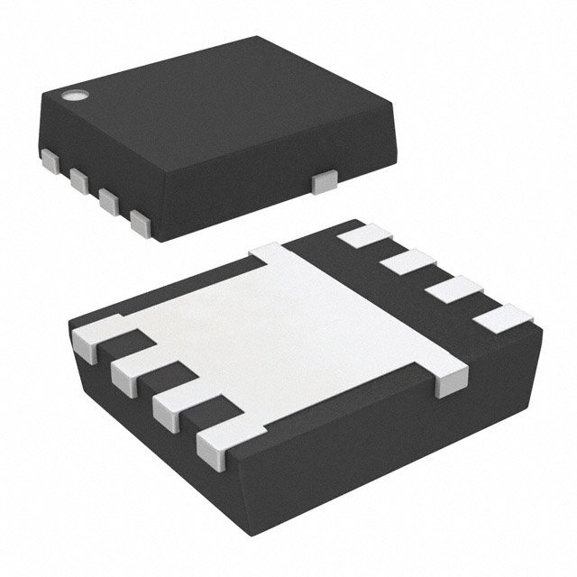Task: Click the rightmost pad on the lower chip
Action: pos(501,318)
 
